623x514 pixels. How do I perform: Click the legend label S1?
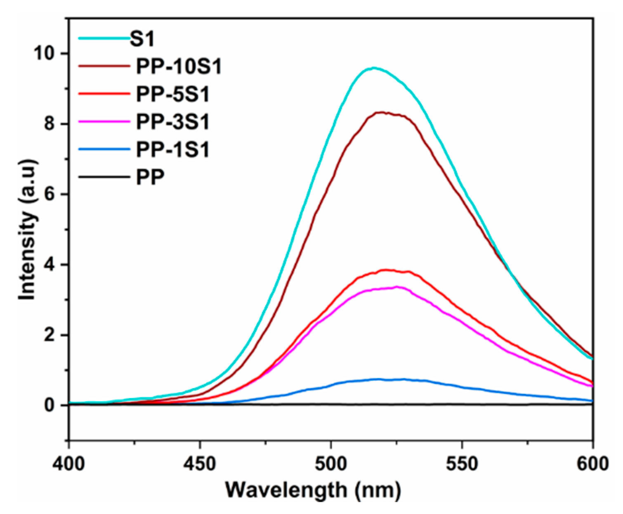142,39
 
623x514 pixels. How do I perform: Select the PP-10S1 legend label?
179,67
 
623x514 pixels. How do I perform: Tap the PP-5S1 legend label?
173,95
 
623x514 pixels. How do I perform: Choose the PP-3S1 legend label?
173,122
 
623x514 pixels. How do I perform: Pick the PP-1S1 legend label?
173,150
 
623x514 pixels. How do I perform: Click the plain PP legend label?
150,178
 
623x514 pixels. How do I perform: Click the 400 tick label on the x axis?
69,464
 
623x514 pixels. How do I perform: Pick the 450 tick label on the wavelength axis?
200,464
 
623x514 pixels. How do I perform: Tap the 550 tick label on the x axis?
462,464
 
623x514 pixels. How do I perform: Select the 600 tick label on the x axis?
592,464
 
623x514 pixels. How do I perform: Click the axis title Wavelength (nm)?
313,490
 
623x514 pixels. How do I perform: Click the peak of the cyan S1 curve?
374,68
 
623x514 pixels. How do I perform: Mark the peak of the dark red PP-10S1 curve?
382,112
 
